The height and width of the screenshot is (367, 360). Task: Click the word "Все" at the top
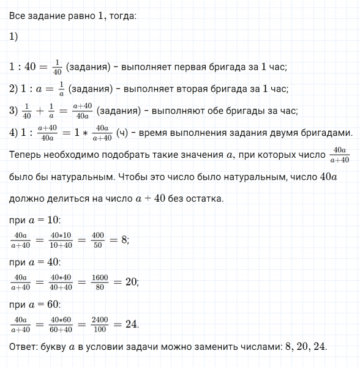point(18,16)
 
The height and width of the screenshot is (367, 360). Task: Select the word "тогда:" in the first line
point(121,16)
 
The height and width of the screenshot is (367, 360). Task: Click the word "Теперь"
point(26,155)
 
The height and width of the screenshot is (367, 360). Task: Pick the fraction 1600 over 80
point(100,282)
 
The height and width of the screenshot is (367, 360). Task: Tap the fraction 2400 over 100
point(100,324)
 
